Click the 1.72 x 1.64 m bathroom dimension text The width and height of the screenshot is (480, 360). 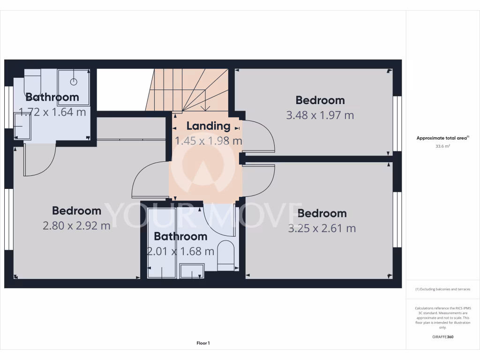[x=52, y=112]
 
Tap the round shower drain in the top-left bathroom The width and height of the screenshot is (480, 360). [x=74, y=82]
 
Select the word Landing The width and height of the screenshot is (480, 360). [x=208, y=126]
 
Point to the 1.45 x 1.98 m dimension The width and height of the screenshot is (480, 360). [x=208, y=141]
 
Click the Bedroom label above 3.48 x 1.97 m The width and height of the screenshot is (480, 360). [x=320, y=100]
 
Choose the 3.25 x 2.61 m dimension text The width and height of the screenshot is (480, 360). [x=322, y=228]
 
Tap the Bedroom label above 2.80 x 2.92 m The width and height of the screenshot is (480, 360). [x=76, y=210]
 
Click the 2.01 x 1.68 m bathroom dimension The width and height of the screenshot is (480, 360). [x=180, y=251]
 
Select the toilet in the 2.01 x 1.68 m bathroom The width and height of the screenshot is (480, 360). [x=226, y=256]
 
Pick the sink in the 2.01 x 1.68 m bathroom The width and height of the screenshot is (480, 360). [x=192, y=270]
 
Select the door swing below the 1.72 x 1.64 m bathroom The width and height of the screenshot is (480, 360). [x=38, y=162]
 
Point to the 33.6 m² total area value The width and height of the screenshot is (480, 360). [x=442, y=146]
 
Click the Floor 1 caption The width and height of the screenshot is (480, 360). [x=203, y=343]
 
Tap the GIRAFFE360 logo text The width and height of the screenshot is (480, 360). [x=442, y=337]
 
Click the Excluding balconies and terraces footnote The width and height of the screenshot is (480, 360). [x=442, y=289]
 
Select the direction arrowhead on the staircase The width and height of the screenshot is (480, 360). [x=205, y=108]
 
